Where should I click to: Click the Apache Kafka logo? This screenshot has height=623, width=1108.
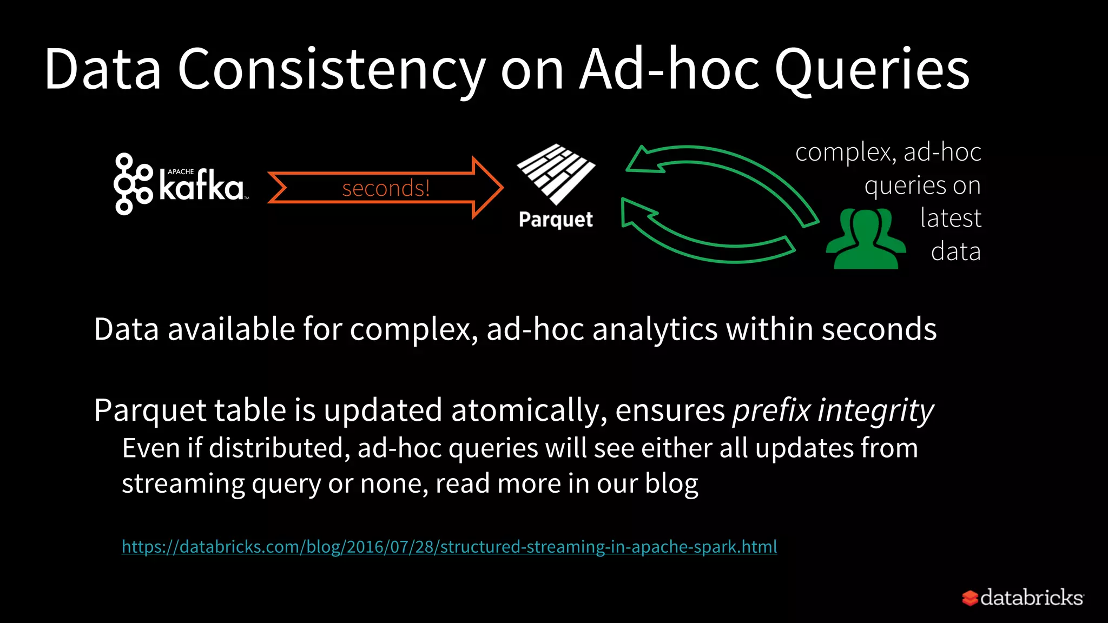coord(179,184)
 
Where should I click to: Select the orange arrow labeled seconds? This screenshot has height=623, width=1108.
coord(385,188)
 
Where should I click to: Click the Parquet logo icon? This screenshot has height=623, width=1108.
coord(556,173)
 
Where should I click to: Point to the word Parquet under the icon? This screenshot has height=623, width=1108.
coord(556,220)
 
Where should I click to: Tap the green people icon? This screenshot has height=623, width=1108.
coord(866,239)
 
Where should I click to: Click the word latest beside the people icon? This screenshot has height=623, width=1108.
coord(951,218)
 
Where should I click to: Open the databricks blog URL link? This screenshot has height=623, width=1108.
coord(449,547)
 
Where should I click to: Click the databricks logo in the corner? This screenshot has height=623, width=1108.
coord(1023,598)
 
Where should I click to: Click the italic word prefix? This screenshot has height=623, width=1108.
coord(771,410)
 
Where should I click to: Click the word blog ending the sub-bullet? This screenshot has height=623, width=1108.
coord(671,483)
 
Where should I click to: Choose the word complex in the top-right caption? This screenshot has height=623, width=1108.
coord(842,153)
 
